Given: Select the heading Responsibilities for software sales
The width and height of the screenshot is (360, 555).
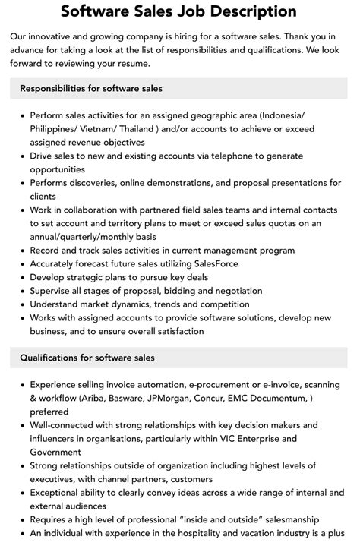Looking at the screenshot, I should (x=91, y=89).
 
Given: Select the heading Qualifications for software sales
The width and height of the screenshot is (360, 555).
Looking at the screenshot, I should (x=87, y=358).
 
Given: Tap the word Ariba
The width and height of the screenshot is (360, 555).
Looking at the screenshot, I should (x=107, y=399).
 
